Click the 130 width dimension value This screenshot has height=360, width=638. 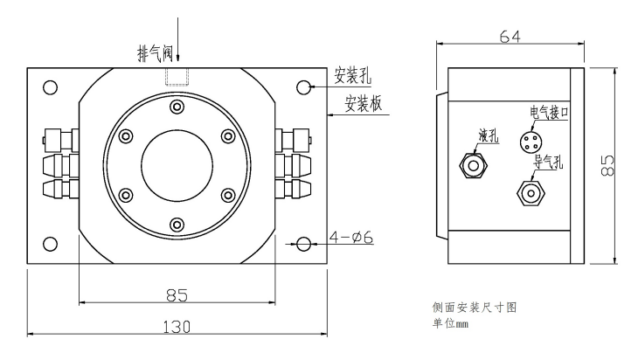coord(177,326)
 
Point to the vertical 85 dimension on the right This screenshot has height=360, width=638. coord(607,164)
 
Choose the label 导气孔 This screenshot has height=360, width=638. coord(549,163)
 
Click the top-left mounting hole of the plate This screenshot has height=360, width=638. coord(50,87)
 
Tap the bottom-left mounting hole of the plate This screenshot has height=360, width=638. coord(50,244)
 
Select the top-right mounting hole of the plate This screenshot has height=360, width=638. coord(304,87)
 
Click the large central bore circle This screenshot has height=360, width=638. coord(177,165)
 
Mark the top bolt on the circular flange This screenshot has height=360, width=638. coord(177,107)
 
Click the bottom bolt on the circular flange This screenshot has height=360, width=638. coord(177,225)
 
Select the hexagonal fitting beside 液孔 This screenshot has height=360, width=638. coord(473,163)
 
